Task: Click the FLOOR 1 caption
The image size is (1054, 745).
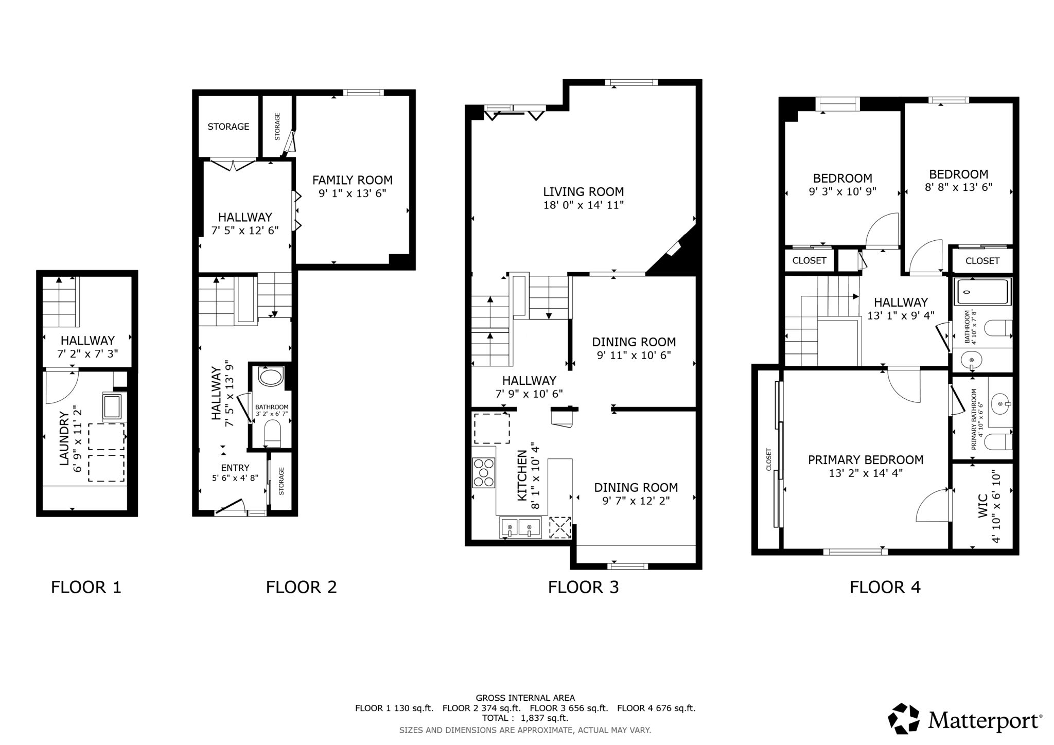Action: [x=86, y=587]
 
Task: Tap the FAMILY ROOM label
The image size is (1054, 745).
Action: [x=353, y=180]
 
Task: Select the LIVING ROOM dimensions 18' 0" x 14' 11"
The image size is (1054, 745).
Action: [x=584, y=205]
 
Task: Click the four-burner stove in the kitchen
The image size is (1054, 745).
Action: [x=484, y=472]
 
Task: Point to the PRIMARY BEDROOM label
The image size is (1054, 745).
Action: [x=866, y=460]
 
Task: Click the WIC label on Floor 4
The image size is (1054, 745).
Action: [x=982, y=506]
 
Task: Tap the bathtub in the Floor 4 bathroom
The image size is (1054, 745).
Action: [x=982, y=292]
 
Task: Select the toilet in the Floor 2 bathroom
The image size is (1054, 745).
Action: [x=272, y=434]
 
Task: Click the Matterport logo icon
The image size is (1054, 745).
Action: [x=904, y=718]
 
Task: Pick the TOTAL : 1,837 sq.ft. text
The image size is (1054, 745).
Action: [x=525, y=718]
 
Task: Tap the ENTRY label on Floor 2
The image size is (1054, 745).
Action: [x=235, y=468]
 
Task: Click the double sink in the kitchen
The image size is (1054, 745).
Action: [x=520, y=528]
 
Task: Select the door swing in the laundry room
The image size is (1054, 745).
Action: [x=62, y=387]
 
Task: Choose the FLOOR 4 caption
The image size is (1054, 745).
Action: [x=885, y=587]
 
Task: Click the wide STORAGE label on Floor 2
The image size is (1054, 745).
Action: [x=229, y=127]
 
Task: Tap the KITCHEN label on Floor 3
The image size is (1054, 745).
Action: [x=522, y=475]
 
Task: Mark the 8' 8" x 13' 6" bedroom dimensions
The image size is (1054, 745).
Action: [x=959, y=187]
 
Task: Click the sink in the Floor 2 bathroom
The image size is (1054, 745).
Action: [x=271, y=377]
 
